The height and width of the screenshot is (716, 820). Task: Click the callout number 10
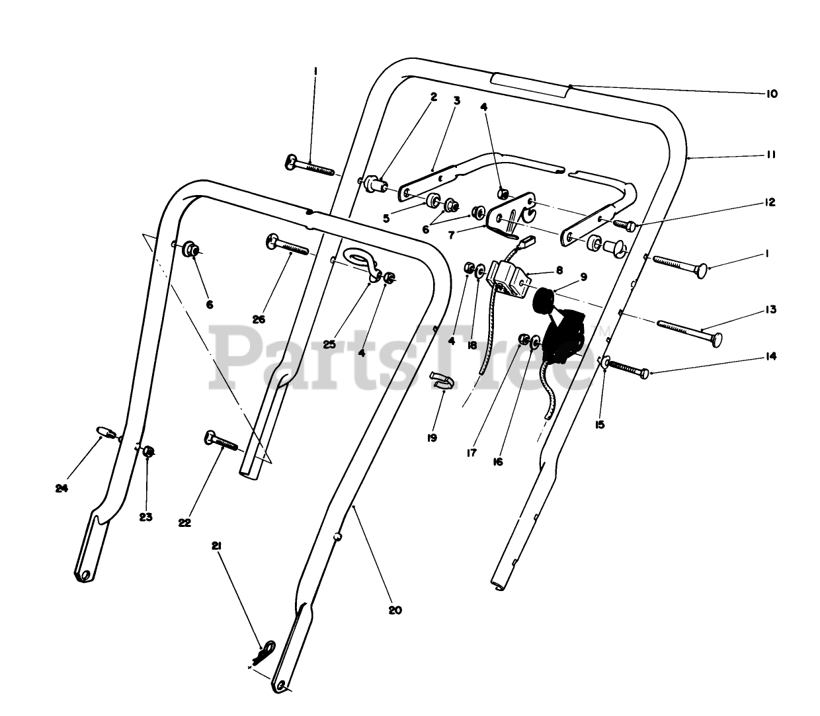point(771,94)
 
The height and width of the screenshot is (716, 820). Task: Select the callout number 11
point(771,155)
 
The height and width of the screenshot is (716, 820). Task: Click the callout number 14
point(771,357)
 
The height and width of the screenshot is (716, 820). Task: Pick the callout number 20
point(395,610)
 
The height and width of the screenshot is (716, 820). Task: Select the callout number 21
point(216,546)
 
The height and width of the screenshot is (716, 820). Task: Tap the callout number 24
point(61,489)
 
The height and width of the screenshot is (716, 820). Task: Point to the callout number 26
point(259,319)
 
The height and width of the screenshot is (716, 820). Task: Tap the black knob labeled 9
point(546,301)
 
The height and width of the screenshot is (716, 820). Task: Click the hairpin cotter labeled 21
point(266,651)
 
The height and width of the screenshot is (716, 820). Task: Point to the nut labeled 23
point(149,452)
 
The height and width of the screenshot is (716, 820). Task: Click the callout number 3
point(456,100)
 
